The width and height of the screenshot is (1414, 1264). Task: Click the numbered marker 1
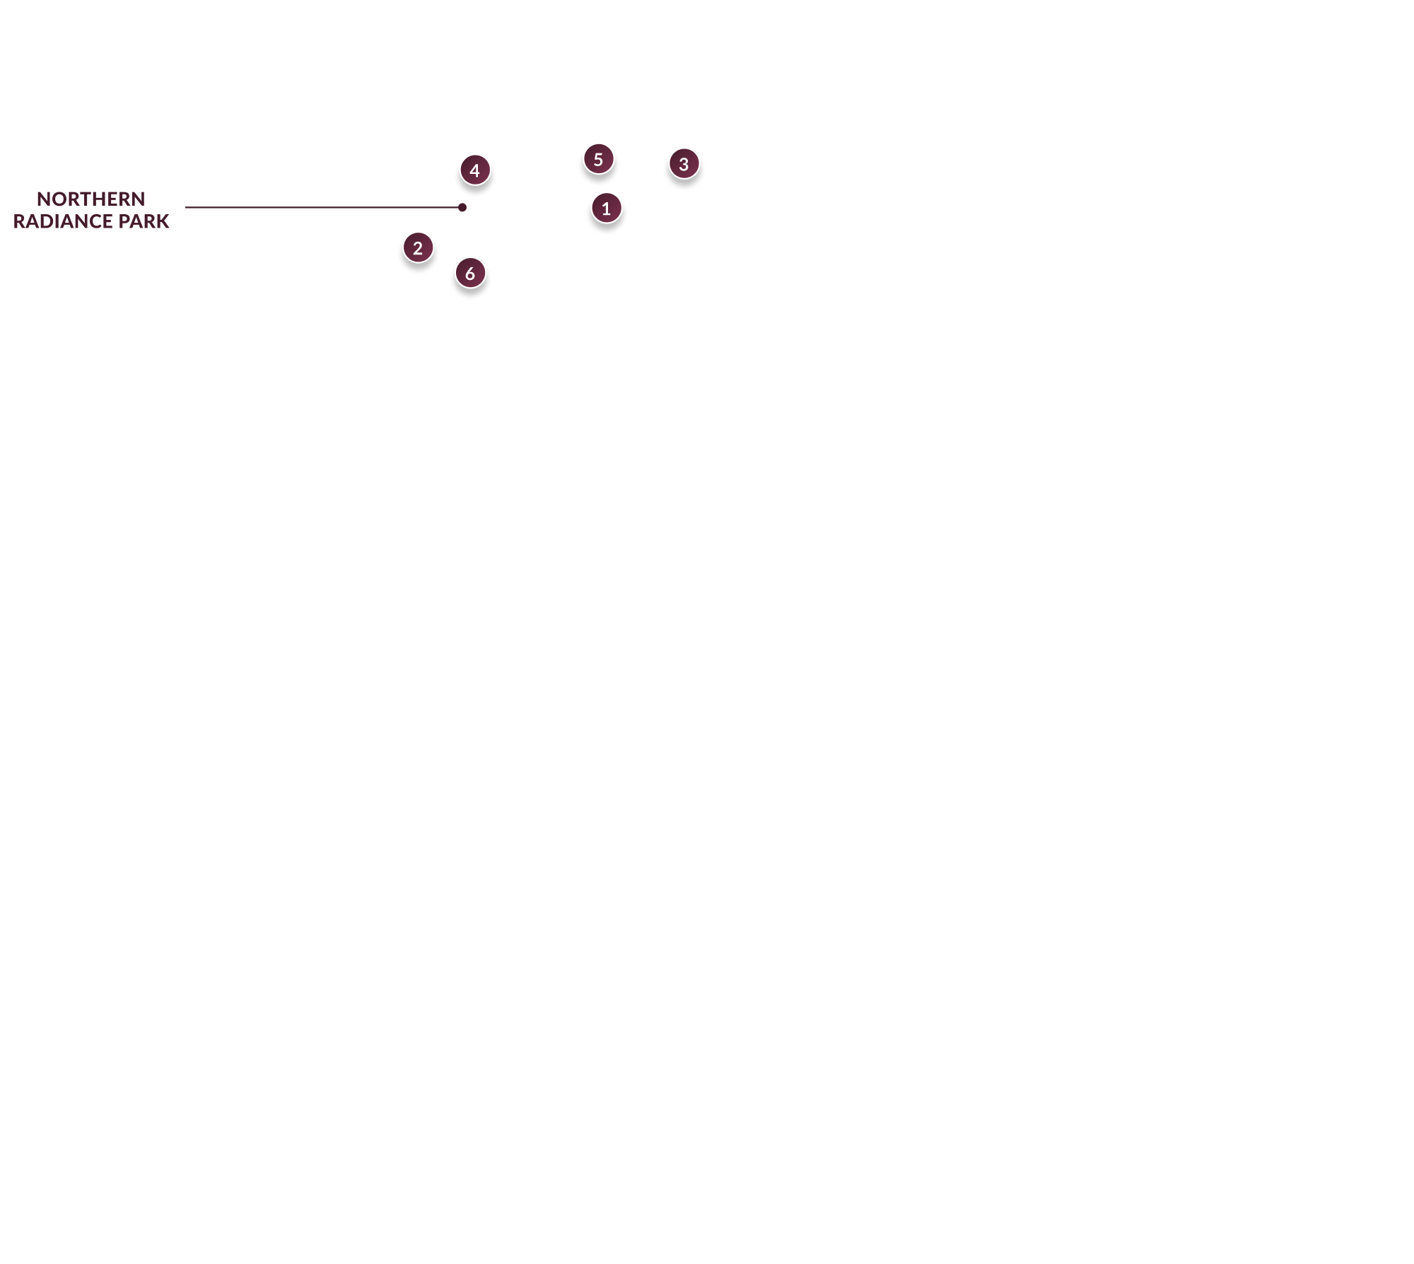coord(606,209)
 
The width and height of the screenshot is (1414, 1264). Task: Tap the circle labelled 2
coord(418,248)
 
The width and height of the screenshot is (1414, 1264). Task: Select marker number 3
coord(684,164)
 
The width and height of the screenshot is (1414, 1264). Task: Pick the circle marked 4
coord(475,170)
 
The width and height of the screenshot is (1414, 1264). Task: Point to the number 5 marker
coord(598,159)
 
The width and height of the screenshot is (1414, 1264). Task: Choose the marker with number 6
coord(470,274)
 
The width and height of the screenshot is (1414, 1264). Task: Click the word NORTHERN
coord(91,199)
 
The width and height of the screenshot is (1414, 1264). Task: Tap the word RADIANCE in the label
coord(63,221)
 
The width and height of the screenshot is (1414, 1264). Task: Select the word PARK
coord(144,221)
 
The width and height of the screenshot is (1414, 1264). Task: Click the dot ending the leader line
coord(462,208)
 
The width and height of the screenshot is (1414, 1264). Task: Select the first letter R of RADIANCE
coord(19,221)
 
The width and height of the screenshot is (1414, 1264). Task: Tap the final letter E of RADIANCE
coord(107,221)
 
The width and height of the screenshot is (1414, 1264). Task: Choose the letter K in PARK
coord(163,221)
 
